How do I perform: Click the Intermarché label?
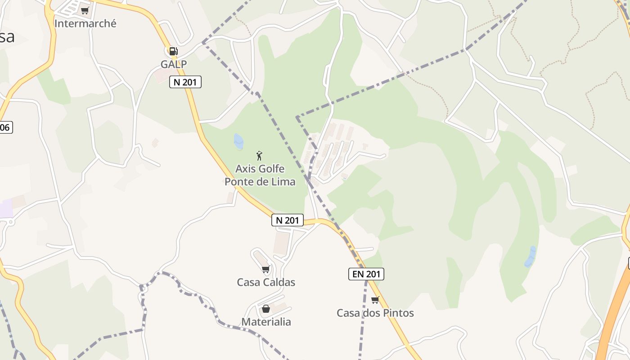(85, 23)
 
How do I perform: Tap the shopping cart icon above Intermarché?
(85, 10)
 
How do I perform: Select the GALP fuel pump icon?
(174, 51)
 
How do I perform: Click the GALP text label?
(174, 64)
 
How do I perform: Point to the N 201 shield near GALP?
(185, 82)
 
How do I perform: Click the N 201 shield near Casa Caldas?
(287, 220)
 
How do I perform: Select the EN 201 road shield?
(366, 274)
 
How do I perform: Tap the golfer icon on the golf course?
(259, 156)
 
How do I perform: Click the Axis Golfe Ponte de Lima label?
(260, 175)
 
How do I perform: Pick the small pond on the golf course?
(238, 141)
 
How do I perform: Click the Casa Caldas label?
(266, 282)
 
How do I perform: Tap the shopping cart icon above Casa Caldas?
(265, 269)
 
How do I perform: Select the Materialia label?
(266, 322)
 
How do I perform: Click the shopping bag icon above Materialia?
(265, 309)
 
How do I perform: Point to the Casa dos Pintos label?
(375, 313)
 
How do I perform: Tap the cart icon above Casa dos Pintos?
(375, 300)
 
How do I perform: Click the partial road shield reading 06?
(5, 127)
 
